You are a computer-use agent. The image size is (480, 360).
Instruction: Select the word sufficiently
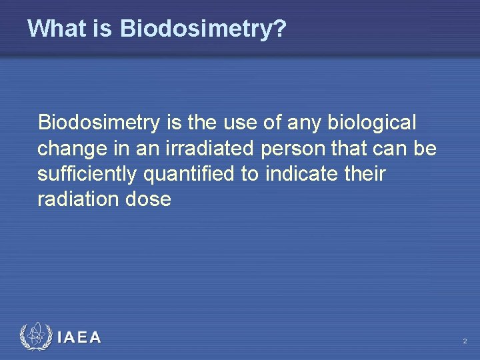point(88,174)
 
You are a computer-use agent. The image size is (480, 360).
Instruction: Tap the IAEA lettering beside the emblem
point(79,338)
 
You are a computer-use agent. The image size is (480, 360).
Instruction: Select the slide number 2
point(465,341)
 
